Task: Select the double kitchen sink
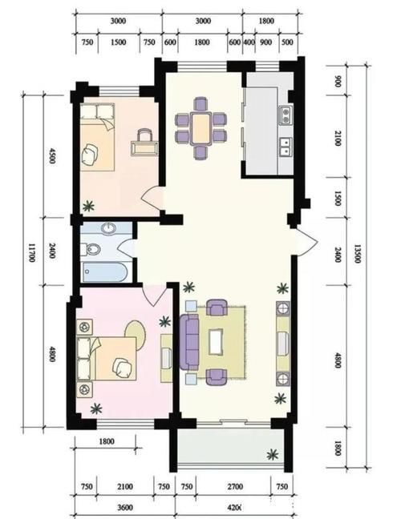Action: pos(284,146)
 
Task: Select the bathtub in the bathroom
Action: pos(103,273)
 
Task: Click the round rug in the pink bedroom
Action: pos(136,334)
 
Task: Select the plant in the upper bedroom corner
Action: pos(87,205)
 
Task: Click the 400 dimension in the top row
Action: pos(249,41)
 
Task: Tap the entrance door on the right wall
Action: pos(306,239)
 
